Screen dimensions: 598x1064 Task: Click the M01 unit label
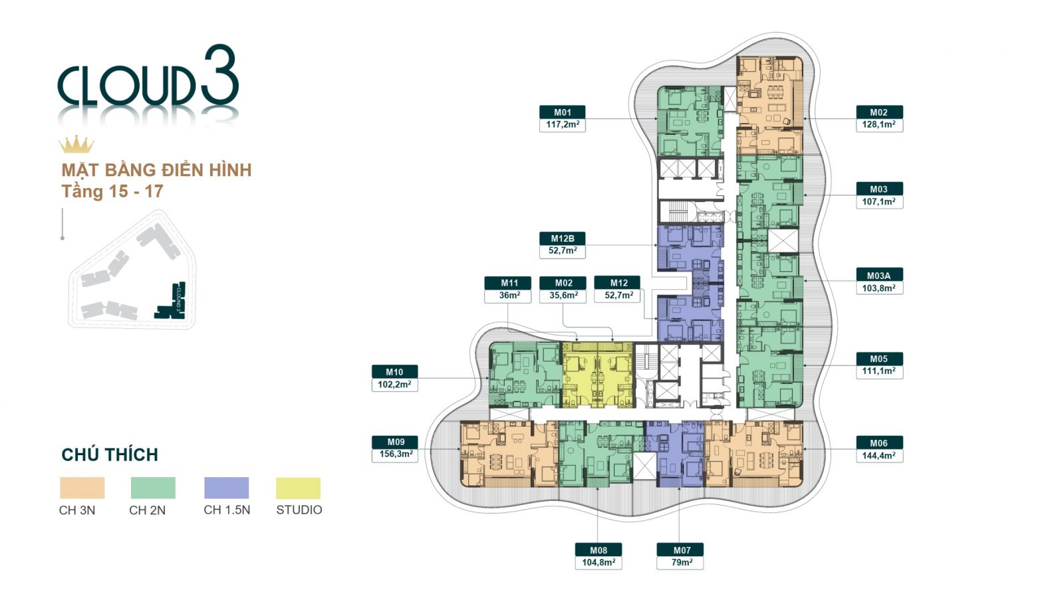(562, 112)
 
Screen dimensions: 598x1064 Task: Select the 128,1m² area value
(878, 125)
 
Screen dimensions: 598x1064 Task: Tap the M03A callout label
(878, 275)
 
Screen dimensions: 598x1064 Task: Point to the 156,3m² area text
(395, 454)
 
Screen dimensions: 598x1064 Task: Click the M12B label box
(562, 239)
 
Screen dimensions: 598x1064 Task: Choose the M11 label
(509, 283)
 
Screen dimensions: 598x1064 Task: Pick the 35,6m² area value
(563, 296)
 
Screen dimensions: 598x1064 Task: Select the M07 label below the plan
(681, 550)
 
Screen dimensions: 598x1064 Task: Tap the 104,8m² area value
(598, 563)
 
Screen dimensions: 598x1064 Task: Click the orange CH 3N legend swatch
(82, 488)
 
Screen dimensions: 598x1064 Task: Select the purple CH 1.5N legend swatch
(226, 488)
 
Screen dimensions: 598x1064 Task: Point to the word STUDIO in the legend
(299, 510)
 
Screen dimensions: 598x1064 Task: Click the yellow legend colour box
(298, 488)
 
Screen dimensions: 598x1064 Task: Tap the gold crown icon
(76, 144)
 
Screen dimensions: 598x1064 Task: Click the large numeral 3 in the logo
(219, 76)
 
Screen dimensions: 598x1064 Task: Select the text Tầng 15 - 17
(112, 192)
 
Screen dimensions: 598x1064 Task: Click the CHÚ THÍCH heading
(110, 455)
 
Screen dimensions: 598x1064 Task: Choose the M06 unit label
(878, 443)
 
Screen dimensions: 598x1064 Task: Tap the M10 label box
(394, 372)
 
